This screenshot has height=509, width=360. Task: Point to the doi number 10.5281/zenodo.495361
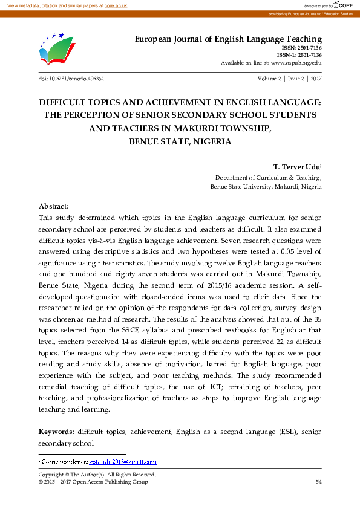71,79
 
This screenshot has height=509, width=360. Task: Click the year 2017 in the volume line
316,79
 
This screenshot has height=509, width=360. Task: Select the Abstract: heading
54,206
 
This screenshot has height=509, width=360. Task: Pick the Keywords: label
57,432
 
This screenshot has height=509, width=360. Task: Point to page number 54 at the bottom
318,482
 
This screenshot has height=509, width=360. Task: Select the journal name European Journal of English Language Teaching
227,39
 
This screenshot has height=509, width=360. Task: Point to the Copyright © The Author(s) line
97,475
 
